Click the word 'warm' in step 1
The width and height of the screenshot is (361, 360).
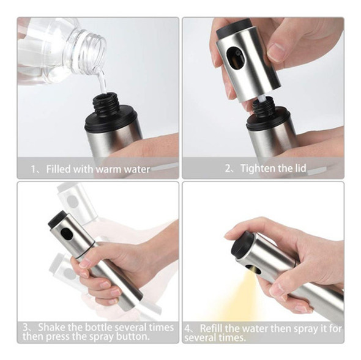click(109, 169)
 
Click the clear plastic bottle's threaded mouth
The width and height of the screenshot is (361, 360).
click(94, 52)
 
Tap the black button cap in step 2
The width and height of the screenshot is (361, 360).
click(234, 27)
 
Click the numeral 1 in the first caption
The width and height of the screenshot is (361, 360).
click(34, 170)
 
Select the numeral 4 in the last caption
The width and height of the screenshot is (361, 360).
click(187, 328)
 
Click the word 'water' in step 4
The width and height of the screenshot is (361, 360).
click(255, 328)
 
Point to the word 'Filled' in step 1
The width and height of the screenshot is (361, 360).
click(59, 169)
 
